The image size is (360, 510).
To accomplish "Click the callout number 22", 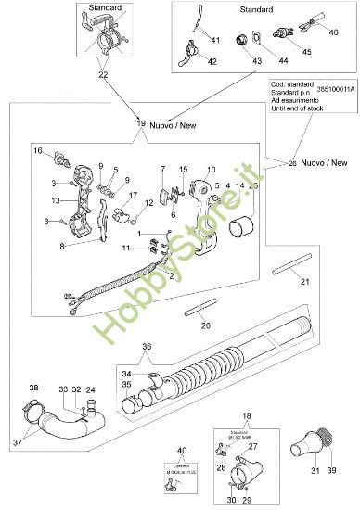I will coord(103,74).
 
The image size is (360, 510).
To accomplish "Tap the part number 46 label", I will coord(334,32).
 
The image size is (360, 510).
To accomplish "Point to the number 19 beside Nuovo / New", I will coord(141,122).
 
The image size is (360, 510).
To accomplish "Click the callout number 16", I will coord(38,149).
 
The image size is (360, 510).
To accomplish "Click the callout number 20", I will coord(206,325).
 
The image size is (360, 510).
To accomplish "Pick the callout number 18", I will coord(247,416).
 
